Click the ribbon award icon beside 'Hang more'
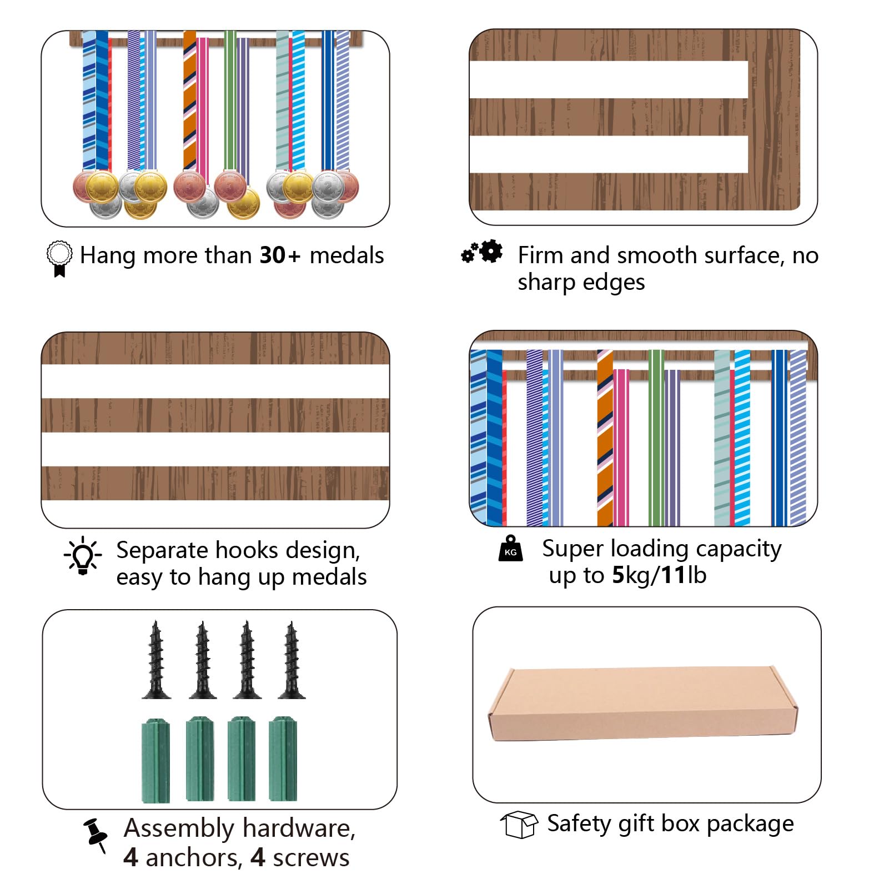[59, 258]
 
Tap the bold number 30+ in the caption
[280, 255]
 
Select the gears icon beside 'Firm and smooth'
[482, 252]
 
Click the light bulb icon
[83, 555]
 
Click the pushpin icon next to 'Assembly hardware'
[96, 835]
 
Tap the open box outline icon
[519, 824]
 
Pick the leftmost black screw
[156, 660]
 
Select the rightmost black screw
[292, 660]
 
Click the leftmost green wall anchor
[155, 760]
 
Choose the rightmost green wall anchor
[283, 759]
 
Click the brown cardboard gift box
[643, 704]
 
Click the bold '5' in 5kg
[618, 575]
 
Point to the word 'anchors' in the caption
[194, 858]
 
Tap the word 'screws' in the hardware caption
[311, 858]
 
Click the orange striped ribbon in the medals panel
[189, 100]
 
